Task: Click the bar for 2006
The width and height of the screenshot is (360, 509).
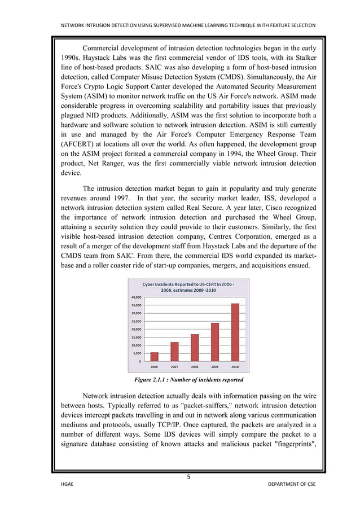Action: pyautogui.click(x=154, y=357)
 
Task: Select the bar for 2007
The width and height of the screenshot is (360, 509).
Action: pyautogui.click(x=174, y=352)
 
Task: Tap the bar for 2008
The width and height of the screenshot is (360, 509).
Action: pyautogui.click(x=195, y=348)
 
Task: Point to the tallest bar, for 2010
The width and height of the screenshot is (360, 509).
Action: pyautogui.click(x=235, y=332)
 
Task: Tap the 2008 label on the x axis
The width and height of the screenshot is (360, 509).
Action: pyautogui.click(x=195, y=367)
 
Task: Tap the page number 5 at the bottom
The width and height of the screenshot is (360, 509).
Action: pyautogui.click(x=188, y=476)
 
